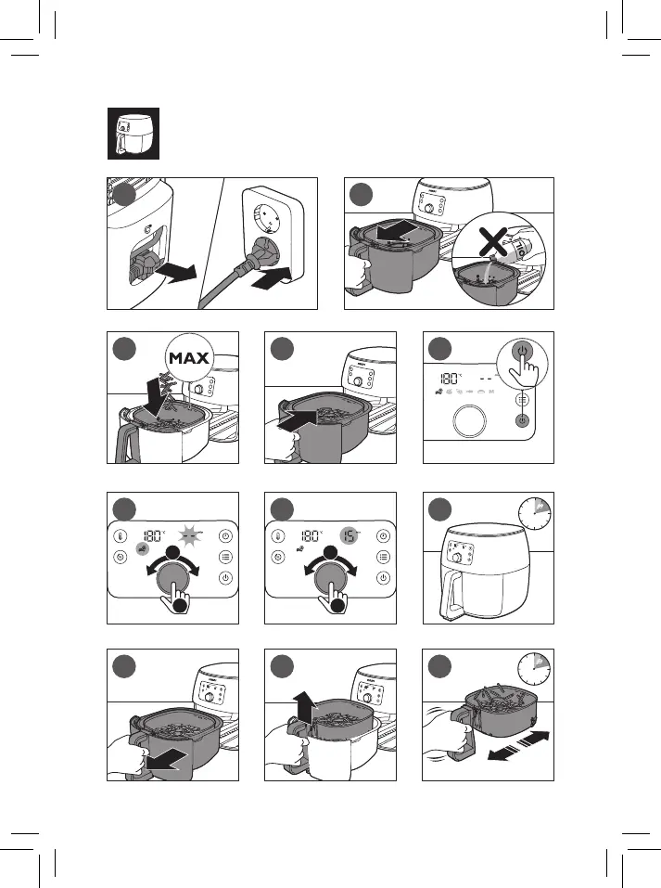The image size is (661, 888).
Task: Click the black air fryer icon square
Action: [131, 135]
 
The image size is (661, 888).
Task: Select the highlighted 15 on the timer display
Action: [349, 535]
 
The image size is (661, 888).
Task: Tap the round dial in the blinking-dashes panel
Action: [173, 582]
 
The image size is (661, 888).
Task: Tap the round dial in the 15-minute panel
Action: [331, 582]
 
